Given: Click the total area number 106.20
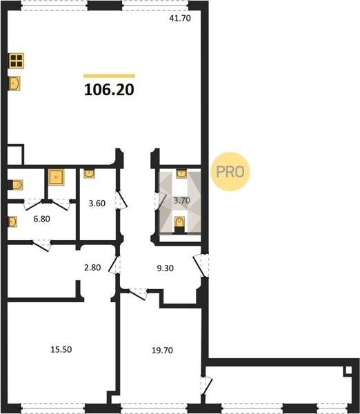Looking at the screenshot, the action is pos(109,90).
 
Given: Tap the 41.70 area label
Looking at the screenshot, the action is pos(180,19).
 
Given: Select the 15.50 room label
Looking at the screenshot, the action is pos(61,349).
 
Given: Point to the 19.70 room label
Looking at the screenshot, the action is pos(162,351).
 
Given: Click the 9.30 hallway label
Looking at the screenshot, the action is pos(166,268).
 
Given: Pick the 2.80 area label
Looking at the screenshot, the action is pos(92,268).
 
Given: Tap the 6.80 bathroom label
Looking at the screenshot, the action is pos(41,219).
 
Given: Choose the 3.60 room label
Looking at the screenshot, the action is pos(97,204).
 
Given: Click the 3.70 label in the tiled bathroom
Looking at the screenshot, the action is pos(182,200).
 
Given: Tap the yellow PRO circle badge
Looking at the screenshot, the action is pos(230,172).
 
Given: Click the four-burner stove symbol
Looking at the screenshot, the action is pos(17,61).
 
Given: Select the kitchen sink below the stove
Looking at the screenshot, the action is pos(14,83).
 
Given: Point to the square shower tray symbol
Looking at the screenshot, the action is pos(57,177).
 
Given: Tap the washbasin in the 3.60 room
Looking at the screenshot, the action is pos(89,174).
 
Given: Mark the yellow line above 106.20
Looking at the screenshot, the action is pos(109,76).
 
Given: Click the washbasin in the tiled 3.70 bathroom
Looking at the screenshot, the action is pos(181,174).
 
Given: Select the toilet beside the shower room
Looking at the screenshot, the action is pos(16,185).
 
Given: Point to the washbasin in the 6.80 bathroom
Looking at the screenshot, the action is pos(12,221).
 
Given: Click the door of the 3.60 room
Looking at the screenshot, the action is pos(121,200).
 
